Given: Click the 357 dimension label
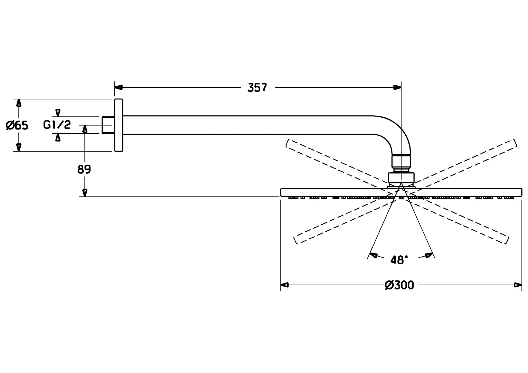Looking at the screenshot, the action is (257, 87).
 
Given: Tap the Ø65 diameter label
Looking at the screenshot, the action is (17, 125).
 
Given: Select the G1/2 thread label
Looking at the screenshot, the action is (57, 125).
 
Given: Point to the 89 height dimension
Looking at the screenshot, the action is (84, 169).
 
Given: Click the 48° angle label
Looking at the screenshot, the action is (399, 260).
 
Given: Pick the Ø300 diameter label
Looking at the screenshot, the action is (399, 285).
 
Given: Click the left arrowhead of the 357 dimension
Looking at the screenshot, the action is (119, 87).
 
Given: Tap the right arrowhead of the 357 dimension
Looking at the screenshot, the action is (397, 87).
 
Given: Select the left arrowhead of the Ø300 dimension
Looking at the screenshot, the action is (285, 285).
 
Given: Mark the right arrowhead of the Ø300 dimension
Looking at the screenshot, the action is (518, 285).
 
